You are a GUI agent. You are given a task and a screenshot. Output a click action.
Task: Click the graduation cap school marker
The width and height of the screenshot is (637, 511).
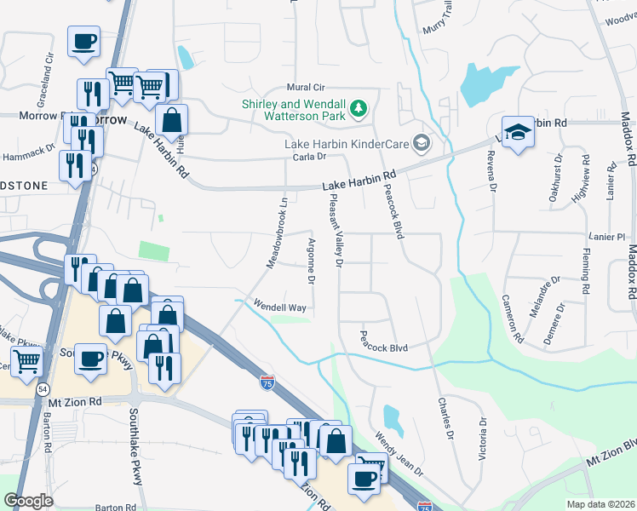point(516,132)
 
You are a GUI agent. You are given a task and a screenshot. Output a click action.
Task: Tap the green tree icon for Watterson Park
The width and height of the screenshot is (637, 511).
point(359,107)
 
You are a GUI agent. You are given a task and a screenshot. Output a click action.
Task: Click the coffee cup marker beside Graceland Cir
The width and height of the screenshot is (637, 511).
point(83,42)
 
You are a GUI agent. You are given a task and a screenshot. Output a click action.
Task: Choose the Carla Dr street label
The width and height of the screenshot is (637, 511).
point(310,157)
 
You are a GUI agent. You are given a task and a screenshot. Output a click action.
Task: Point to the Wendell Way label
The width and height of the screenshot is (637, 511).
point(278,304)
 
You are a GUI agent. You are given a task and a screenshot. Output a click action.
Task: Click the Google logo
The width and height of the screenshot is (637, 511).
point(29,501)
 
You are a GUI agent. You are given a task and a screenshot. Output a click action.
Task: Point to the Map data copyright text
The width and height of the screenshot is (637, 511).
point(600,503)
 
